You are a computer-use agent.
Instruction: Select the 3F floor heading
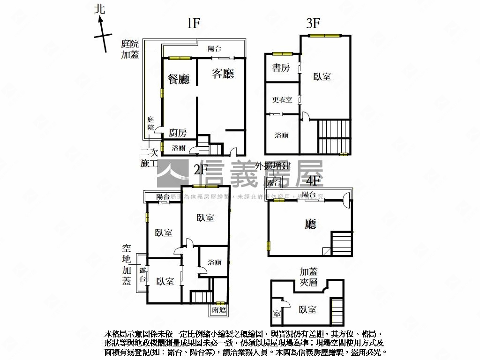(x=313, y=24)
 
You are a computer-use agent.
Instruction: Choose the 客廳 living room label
(x=223, y=74)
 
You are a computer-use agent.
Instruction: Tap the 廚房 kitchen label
(x=178, y=133)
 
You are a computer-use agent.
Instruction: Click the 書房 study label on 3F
(x=281, y=68)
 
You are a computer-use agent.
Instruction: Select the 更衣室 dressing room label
(x=282, y=99)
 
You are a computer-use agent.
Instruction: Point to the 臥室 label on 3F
(x=322, y=76)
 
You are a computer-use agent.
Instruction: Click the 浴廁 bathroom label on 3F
(x=281, y=135)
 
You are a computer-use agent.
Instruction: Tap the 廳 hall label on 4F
(x=310, y=225)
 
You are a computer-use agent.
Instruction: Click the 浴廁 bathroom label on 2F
(x=215, y=262)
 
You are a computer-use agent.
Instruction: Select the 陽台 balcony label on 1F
(x=215, y=48)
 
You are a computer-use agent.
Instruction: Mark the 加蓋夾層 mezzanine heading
(x=309, y=277)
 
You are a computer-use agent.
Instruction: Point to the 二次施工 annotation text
(x=150, y=158)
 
